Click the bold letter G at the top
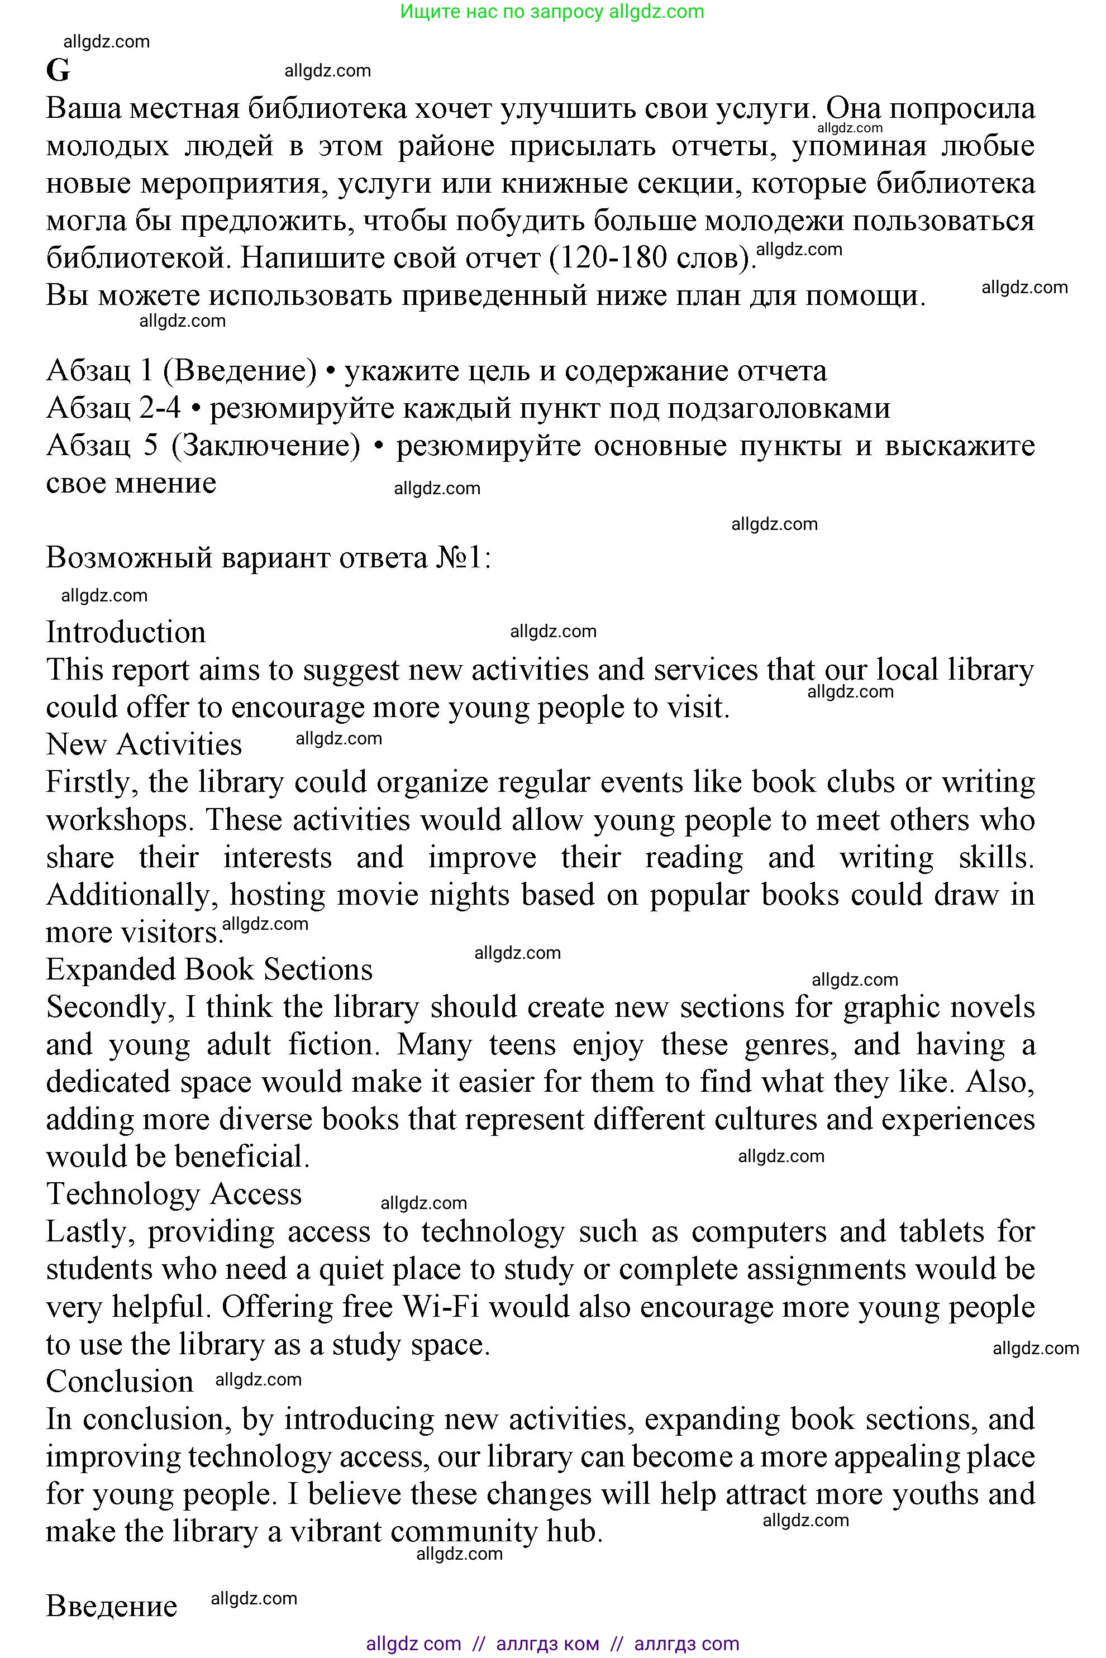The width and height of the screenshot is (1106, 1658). point(58,70)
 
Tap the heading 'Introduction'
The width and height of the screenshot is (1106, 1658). point(126,633)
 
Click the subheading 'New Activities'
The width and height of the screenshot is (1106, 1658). point(144,745)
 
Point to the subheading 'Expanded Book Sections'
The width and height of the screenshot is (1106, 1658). point(209,969)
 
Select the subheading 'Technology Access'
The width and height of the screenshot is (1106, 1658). point(174,1194)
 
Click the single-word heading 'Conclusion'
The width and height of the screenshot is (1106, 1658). point(119,1382)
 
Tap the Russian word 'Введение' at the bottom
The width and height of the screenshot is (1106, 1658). point(112,1607)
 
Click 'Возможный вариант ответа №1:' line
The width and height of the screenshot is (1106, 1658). point(268,557)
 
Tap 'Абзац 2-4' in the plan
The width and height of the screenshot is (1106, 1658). point(113,408)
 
